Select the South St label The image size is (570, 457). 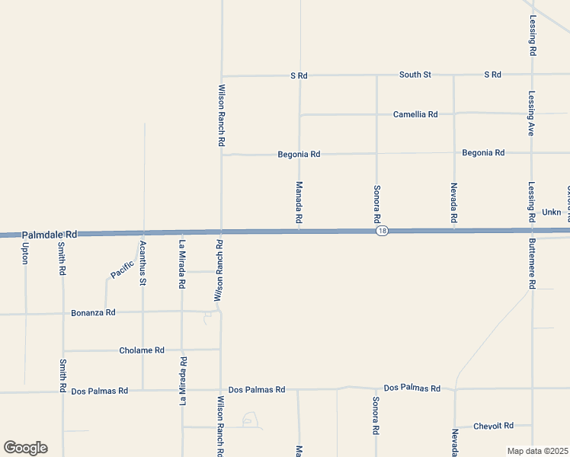pyautogui.click(x=415, y=75)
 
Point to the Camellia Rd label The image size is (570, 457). pyautogui.click(x=415, y=114)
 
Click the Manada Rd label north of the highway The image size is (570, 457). pyautogui.click(x=299, y=203)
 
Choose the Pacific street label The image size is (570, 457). pyautogui.click(x=122, y=270)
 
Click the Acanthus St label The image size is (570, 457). pyautogui.click(x=142, y=263)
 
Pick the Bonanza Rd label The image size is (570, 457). pyautogui.click(x=93, y=312)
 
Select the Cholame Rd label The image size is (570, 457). pyautogui.click(x=142, y=350)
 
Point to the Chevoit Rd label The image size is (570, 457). pyautogui.click(x=493, y=426)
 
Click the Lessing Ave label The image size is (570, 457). pyautogui.click(x=532, y=113)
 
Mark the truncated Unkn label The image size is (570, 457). pyautogui.click(x=551, y=212)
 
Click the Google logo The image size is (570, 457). pyautogui.click(x=25, y=448)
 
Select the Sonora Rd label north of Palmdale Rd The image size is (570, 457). pyautogui.click(x=376, y=203)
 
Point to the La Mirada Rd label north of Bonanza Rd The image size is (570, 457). pyautogui.click(x=182, y=264)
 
